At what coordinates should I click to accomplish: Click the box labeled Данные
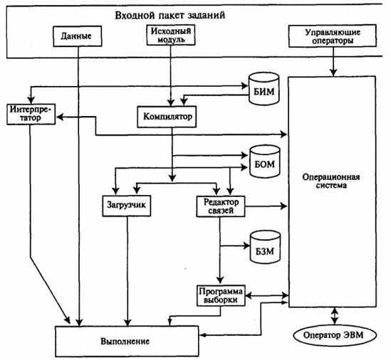(x=78, y=36)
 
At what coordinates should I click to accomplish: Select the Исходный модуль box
(x=171, y=35)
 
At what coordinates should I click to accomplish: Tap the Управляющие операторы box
(x=333, y=36)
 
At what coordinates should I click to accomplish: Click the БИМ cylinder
(x=264, y=88)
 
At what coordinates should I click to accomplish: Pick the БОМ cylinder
(x=264, y=162)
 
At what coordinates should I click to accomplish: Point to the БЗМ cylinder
(x=265, y=247)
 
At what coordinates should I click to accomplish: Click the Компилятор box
(x=167, y=117)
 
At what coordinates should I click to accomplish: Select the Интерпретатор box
(x=31, y=114)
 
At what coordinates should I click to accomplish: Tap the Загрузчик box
(x=127, y=206)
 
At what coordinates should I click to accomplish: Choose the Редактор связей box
(x=221, y=206)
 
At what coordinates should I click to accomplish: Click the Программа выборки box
(x=221, y=296)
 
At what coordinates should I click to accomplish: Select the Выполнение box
(x=127, y=342)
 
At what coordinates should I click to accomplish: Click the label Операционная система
(x=331, y=181)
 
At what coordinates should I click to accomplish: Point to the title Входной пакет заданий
(x=170, y=15)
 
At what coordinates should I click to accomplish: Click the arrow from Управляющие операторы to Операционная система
(x=333, y=61)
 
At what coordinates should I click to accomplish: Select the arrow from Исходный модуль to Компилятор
(x=171, y=75)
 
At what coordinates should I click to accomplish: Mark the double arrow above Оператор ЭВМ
(x=334, y=316)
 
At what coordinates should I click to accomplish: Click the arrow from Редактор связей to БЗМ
(x=235, y=246)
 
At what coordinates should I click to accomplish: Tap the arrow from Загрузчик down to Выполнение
(x=127, y=271)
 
